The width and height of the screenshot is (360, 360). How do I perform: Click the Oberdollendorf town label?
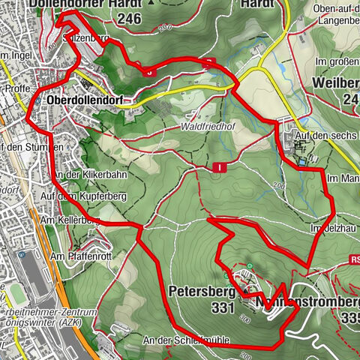82,100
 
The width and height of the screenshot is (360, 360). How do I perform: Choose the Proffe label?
16,88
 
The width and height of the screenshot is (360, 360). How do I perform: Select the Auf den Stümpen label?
25,147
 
